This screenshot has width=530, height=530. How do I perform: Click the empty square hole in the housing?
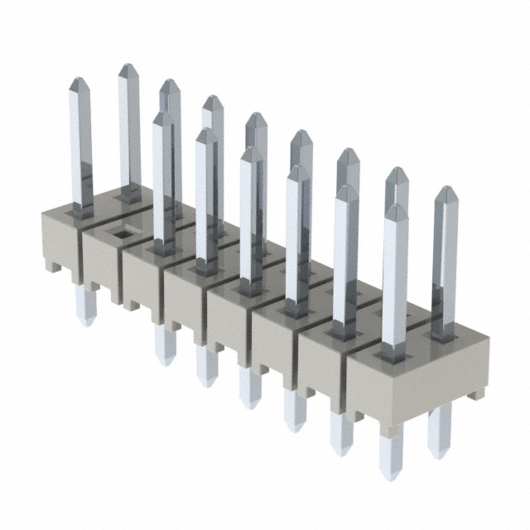[121, 234]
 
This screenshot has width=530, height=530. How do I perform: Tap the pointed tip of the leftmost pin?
[79, 84]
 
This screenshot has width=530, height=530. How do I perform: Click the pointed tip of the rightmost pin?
[446, 193]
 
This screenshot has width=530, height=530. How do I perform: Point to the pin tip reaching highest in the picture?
[128, 70]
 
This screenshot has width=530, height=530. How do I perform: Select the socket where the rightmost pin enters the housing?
[445, 335]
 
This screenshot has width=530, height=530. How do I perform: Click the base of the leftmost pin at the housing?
[82, 210]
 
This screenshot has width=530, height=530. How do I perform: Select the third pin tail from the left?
[206, 366]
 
